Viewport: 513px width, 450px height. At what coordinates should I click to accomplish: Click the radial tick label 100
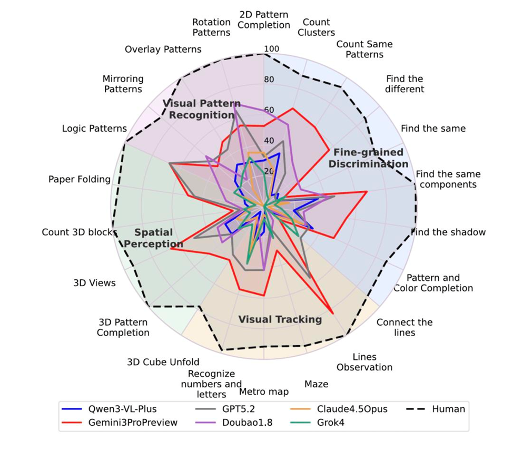(x=271, y=50)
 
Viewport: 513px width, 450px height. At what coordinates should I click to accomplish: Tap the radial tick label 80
(x=270, y=80)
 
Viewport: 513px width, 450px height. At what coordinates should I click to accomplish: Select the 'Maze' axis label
(x=316, y=384)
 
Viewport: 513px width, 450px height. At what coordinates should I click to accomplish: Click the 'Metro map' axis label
(x=264, y=392)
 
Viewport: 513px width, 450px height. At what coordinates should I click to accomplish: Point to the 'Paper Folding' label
(x=80, y=179)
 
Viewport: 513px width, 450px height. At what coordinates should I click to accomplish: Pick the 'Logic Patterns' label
(x=94, y=128)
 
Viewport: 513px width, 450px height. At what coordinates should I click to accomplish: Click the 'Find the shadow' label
(x=449, y=232)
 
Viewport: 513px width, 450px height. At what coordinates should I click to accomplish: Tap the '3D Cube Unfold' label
(x=163, y=362)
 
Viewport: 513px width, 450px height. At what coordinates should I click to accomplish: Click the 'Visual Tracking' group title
(x=280, y=319)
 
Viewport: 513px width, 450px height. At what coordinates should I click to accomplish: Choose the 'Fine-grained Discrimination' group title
(x=368, y=158)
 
